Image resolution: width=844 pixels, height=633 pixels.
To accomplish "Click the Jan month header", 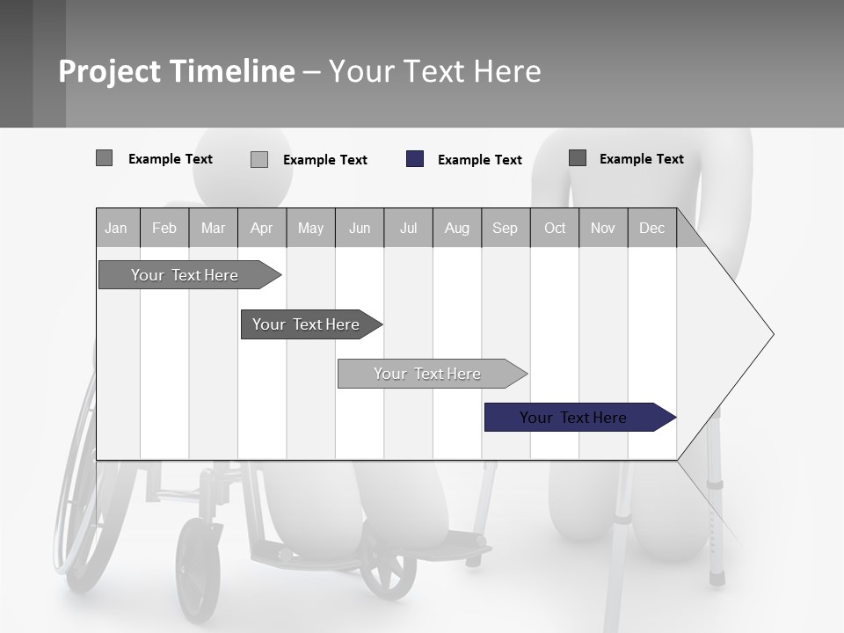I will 116,228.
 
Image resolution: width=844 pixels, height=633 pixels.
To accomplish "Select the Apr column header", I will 261,228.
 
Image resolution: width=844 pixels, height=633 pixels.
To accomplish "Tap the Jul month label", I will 408,228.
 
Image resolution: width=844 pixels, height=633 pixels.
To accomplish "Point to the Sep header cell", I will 505,228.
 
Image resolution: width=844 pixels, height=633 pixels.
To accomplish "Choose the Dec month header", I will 651,228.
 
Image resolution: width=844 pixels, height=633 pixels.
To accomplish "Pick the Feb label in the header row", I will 164,228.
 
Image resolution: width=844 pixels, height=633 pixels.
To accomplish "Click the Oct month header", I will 555,228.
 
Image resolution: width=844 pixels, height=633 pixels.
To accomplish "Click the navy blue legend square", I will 415,159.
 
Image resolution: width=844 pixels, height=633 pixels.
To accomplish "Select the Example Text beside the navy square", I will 479,160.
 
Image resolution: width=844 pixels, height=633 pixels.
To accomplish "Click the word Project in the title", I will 110,71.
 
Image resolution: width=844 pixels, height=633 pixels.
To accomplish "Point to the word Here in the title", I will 507,71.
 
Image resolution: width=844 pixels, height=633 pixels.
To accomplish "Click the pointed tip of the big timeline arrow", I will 770,334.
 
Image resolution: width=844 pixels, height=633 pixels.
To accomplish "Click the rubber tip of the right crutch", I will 717,578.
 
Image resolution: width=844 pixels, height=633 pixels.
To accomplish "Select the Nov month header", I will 603,228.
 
